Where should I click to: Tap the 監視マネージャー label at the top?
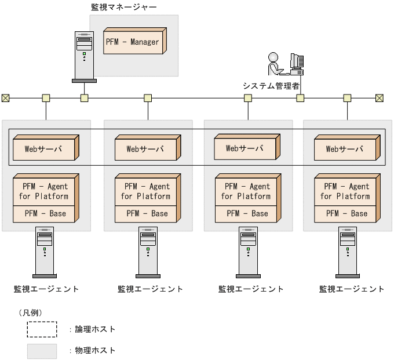coord(124,7)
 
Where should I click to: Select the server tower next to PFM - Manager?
coord(84,57)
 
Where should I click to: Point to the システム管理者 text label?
coord(271,86)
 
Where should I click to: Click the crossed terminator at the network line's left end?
coord(5,98)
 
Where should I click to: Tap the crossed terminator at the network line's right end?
coord(380,98)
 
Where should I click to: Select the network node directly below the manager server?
coord(84,98)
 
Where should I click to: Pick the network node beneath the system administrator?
coord(300,98)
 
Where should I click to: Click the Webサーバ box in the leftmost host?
coord(44,148)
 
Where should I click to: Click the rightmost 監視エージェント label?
coord(352,289)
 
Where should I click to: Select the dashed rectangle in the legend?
coord(42,329)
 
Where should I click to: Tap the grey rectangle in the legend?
coord(42,351)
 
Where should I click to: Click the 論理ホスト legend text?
coord(96,329)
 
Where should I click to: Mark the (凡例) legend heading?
coord(30,312)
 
